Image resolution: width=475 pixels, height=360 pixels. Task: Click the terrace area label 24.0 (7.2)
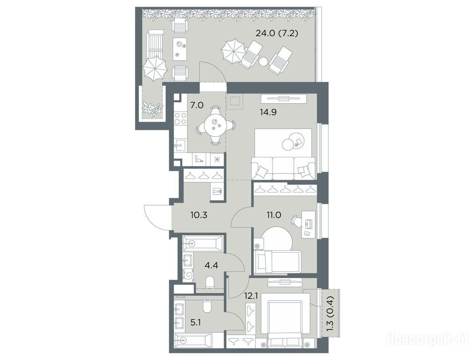point(276,33)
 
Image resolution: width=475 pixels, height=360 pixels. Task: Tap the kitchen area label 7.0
point(197,106)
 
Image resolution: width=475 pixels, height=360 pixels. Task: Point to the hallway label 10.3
point(199,215)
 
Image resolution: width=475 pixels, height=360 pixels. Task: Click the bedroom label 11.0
point(274,215)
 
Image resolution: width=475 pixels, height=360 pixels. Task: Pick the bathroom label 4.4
point(211,265)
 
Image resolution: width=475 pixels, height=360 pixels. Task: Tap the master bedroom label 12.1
point(252,295)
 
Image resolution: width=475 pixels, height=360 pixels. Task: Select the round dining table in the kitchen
point(215,125)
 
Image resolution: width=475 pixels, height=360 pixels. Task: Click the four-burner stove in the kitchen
point(180,118)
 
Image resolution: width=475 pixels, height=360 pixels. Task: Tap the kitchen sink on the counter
point(180,145)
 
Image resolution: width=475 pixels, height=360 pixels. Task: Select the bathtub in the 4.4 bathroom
point(203,244)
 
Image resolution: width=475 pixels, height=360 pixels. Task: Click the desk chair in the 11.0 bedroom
point(295,220)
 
